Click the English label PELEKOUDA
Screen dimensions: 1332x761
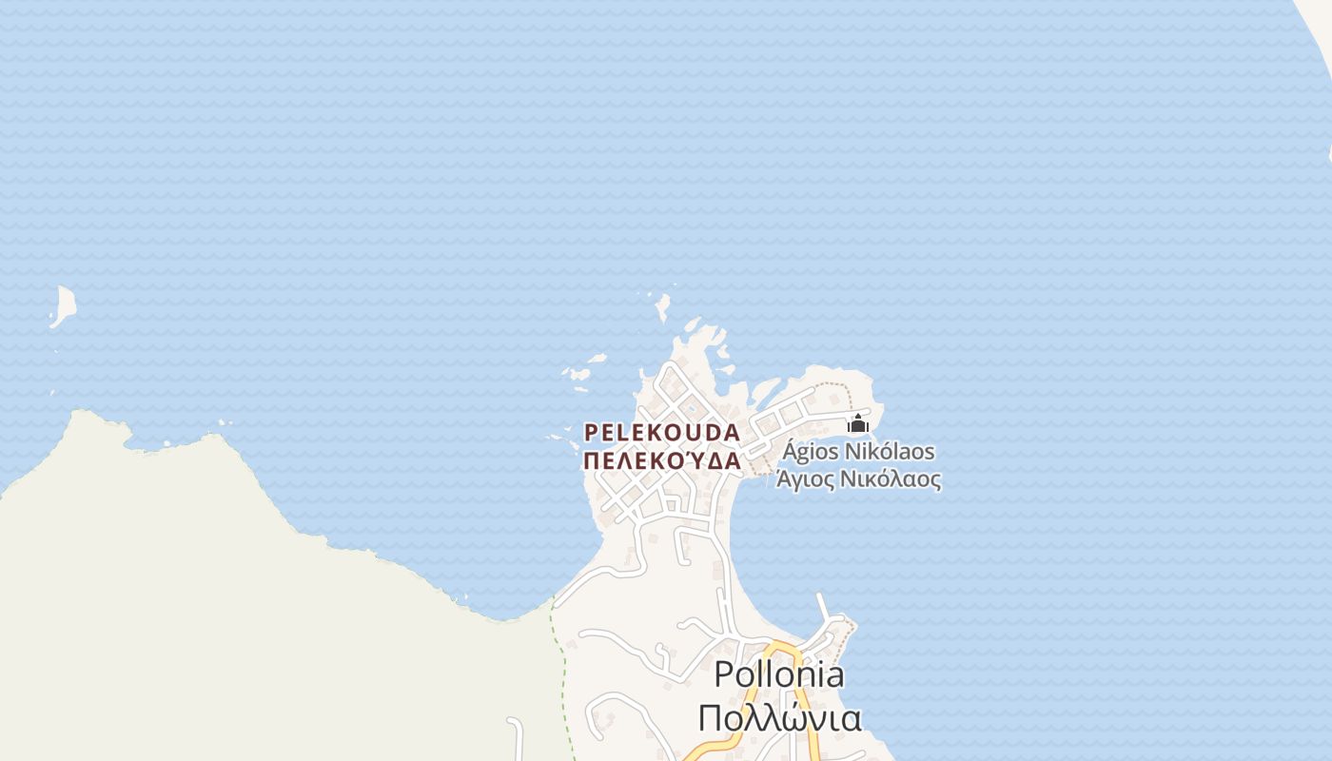pos(661,432)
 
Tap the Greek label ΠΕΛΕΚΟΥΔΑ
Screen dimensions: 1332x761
pos(661,461)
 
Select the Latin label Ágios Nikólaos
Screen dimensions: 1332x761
pos(858,451)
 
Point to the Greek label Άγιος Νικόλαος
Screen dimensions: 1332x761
pos(858,479)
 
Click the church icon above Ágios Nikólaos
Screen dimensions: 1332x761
pos(858,423)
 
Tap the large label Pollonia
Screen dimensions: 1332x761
pos(778,674)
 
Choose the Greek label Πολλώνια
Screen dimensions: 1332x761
pos(780,718)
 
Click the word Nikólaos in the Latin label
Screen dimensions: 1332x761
pos(891,451)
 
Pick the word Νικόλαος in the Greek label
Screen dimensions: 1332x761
pos(891,479)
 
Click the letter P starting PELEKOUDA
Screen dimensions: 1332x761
pos(590,432)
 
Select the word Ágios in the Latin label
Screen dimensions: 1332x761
pos(811,451)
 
